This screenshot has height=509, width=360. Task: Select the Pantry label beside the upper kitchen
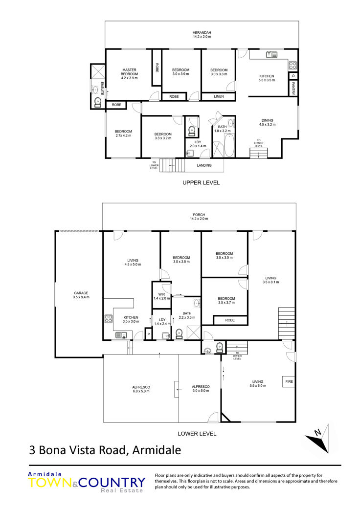click(x=293, y=89)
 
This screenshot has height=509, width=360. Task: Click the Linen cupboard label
click(x=219, y=96)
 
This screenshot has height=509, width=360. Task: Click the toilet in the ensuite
click(x=97, y=103)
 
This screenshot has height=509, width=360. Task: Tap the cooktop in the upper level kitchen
click(x=293, y=66)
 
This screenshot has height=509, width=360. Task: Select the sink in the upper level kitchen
click(x=271, y=54)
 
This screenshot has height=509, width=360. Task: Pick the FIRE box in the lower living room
click(x=289, y=381)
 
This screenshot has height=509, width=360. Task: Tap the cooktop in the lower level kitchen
click(x=108, y=319)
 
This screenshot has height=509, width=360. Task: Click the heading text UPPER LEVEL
click(x=201, y=183)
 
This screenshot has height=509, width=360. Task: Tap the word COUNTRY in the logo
click(x=112, y=483)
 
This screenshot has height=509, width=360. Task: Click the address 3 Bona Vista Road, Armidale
click(x=105, y=450)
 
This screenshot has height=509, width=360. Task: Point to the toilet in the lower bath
click(x=179, y=334)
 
